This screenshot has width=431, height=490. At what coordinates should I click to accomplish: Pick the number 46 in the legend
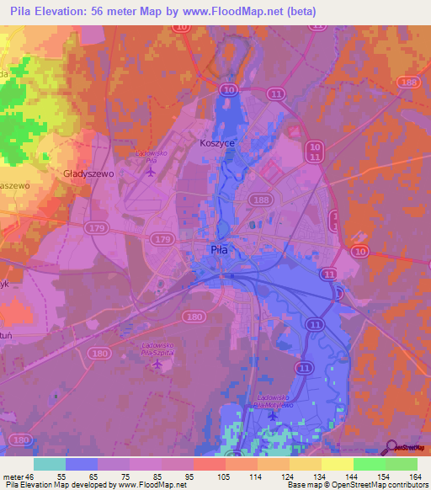(31, 476)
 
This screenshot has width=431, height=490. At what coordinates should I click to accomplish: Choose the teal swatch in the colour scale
(50, 464)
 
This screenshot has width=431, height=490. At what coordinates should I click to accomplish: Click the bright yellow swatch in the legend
(337, 464)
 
